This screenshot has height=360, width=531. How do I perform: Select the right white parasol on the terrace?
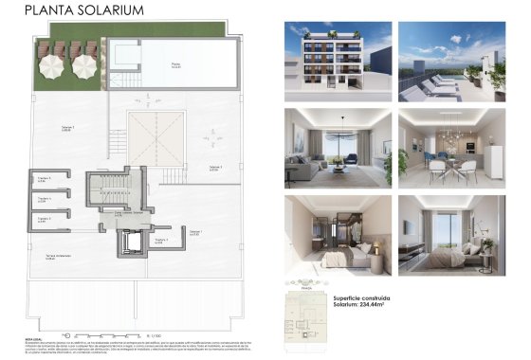pos(85,65)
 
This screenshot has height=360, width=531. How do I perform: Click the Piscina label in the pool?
pos(175,65)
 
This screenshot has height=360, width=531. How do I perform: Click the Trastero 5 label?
pos(44,178)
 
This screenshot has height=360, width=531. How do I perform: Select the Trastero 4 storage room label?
pos(44,199)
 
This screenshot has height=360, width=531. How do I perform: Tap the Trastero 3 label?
pos(44,219)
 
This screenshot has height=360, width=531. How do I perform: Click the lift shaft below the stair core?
pos(129,243)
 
